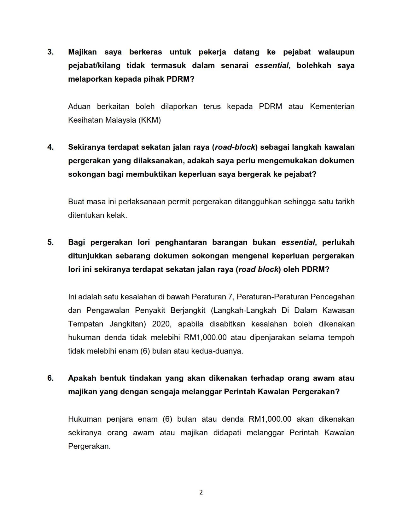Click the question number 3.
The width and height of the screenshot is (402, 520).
point(50,52)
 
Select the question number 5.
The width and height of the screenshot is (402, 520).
point(50,242)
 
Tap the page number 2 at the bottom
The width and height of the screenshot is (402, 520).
point(201,492)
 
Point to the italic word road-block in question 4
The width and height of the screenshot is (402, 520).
point(235,147)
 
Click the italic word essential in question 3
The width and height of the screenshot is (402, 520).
point(271,66)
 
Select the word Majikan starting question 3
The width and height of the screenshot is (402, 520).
point(82,52)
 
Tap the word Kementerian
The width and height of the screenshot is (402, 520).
point(332,107)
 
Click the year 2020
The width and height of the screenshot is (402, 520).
point(161,324)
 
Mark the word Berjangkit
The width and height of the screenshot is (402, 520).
point(188,310)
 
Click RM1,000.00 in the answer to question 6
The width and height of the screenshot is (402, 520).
point(270,419)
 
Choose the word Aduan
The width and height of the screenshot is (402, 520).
point(79,107)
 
